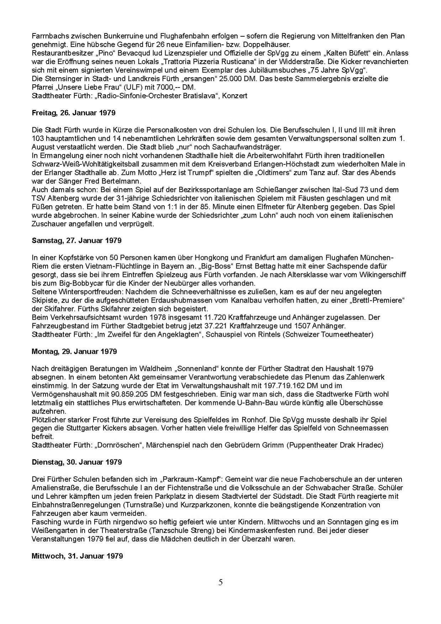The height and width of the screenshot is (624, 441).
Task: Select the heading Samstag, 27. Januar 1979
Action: (77, 240)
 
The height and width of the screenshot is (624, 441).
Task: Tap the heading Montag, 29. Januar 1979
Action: (74, 351)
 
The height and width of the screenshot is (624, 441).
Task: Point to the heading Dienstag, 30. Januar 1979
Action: (77, 462)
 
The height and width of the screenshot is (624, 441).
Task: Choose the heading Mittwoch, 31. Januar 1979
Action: (77, 556)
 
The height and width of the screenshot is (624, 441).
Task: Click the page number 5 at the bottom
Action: (221, 582)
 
